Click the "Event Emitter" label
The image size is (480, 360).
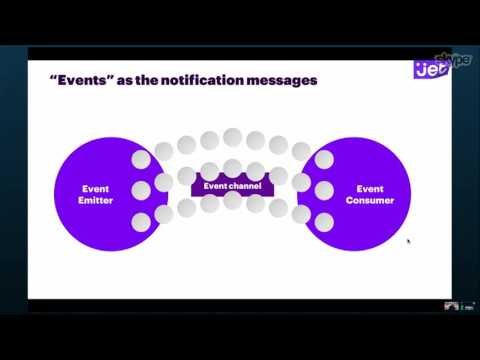pos(97,194)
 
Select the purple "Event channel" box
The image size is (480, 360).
pos(232,186)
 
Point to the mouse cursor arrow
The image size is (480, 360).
pos(408,240)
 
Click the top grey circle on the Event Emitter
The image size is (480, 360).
pos(141,159)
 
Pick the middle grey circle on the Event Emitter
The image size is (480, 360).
pos(141,190)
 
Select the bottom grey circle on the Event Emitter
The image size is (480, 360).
pos(141,221)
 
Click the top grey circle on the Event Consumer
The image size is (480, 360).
pos(324,159)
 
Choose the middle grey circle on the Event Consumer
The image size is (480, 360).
pos(324,190)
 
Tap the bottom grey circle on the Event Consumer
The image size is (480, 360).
pos(324,221)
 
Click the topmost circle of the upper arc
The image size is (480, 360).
pos(232,137)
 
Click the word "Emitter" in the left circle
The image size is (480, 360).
pos(97,200)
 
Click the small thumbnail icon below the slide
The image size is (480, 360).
pos(451,305)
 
